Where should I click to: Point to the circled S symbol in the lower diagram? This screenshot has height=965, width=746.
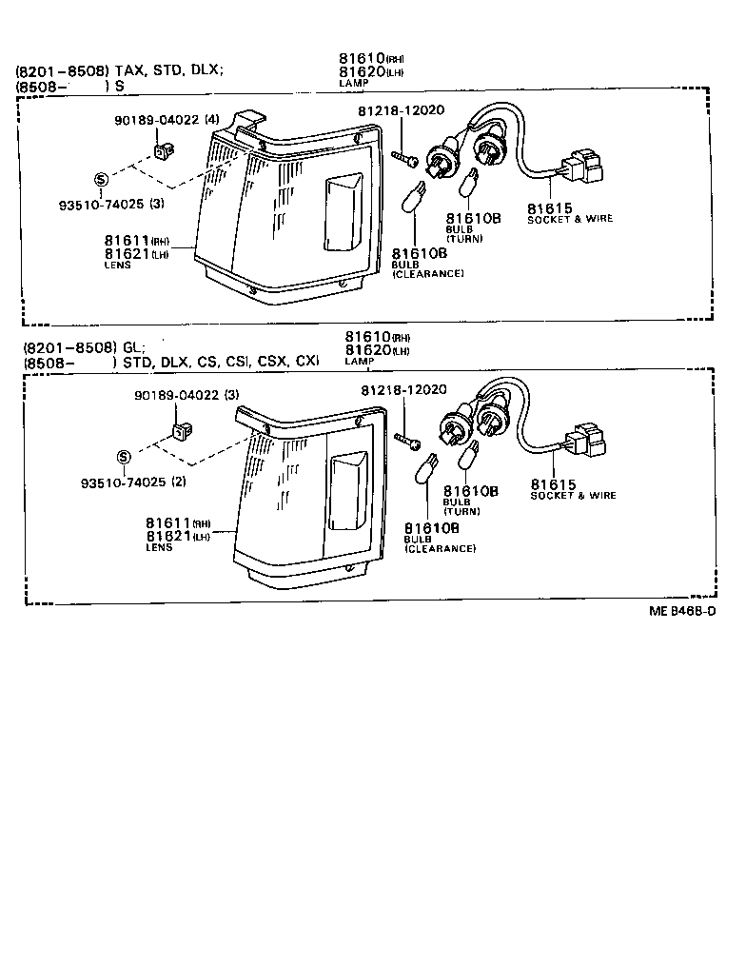click(x=123, y=457)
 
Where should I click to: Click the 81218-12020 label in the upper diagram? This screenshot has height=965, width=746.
click(x=401, y=110)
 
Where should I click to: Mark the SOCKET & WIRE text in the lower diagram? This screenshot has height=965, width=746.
click(x=573, y=496)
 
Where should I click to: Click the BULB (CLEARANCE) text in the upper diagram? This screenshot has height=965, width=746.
click(x=427, y=269)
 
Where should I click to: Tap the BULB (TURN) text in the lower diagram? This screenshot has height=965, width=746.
click(x=461, y=507)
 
